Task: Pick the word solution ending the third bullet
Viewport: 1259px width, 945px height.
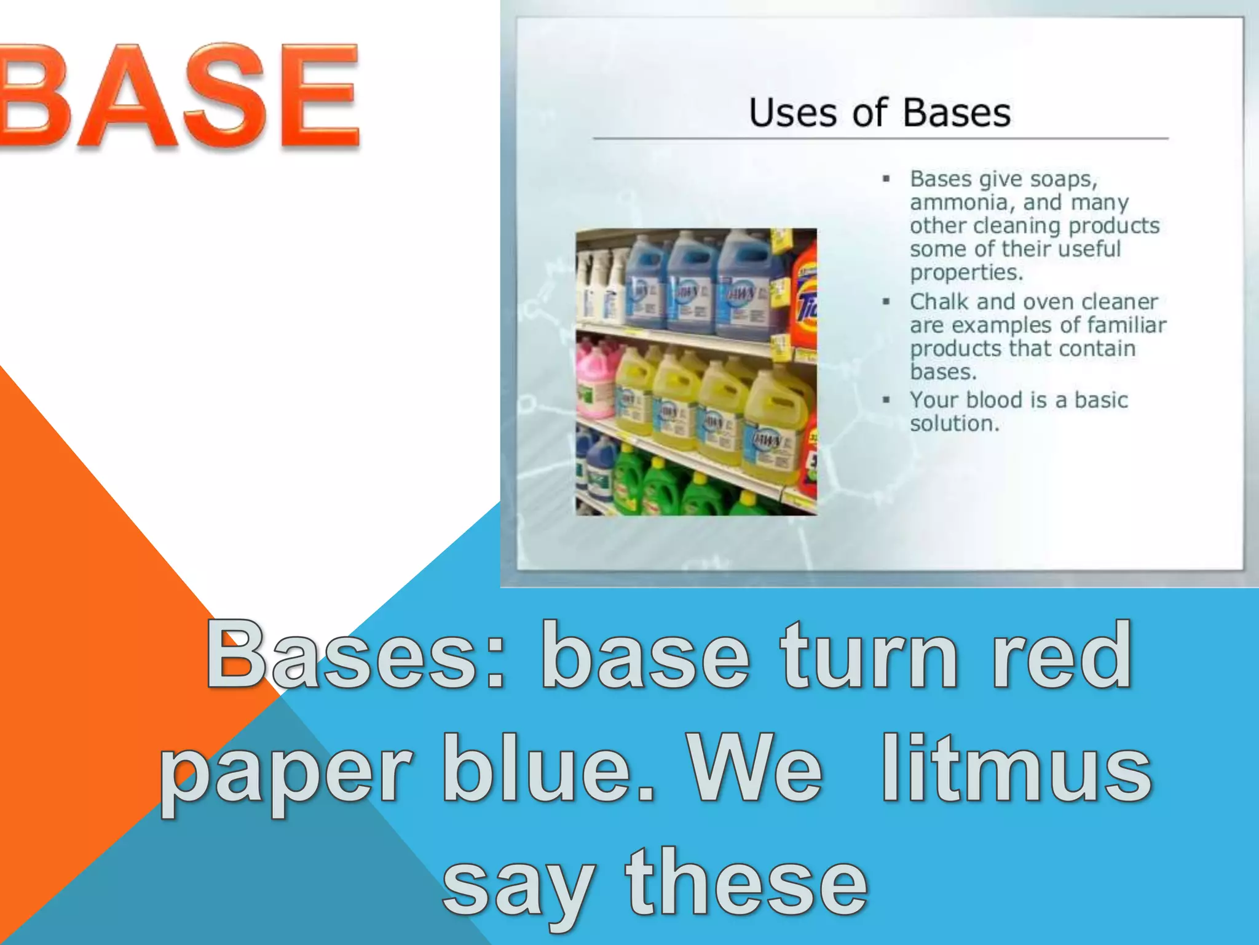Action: click(953, 423)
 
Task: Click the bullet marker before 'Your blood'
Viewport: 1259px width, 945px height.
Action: click(886, 400)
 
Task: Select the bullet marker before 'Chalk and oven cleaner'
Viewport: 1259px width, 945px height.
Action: click(886, 301)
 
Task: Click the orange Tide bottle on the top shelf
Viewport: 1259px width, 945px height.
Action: click(805, 301)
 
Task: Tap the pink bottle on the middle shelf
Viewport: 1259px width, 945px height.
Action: click(595, 381)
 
